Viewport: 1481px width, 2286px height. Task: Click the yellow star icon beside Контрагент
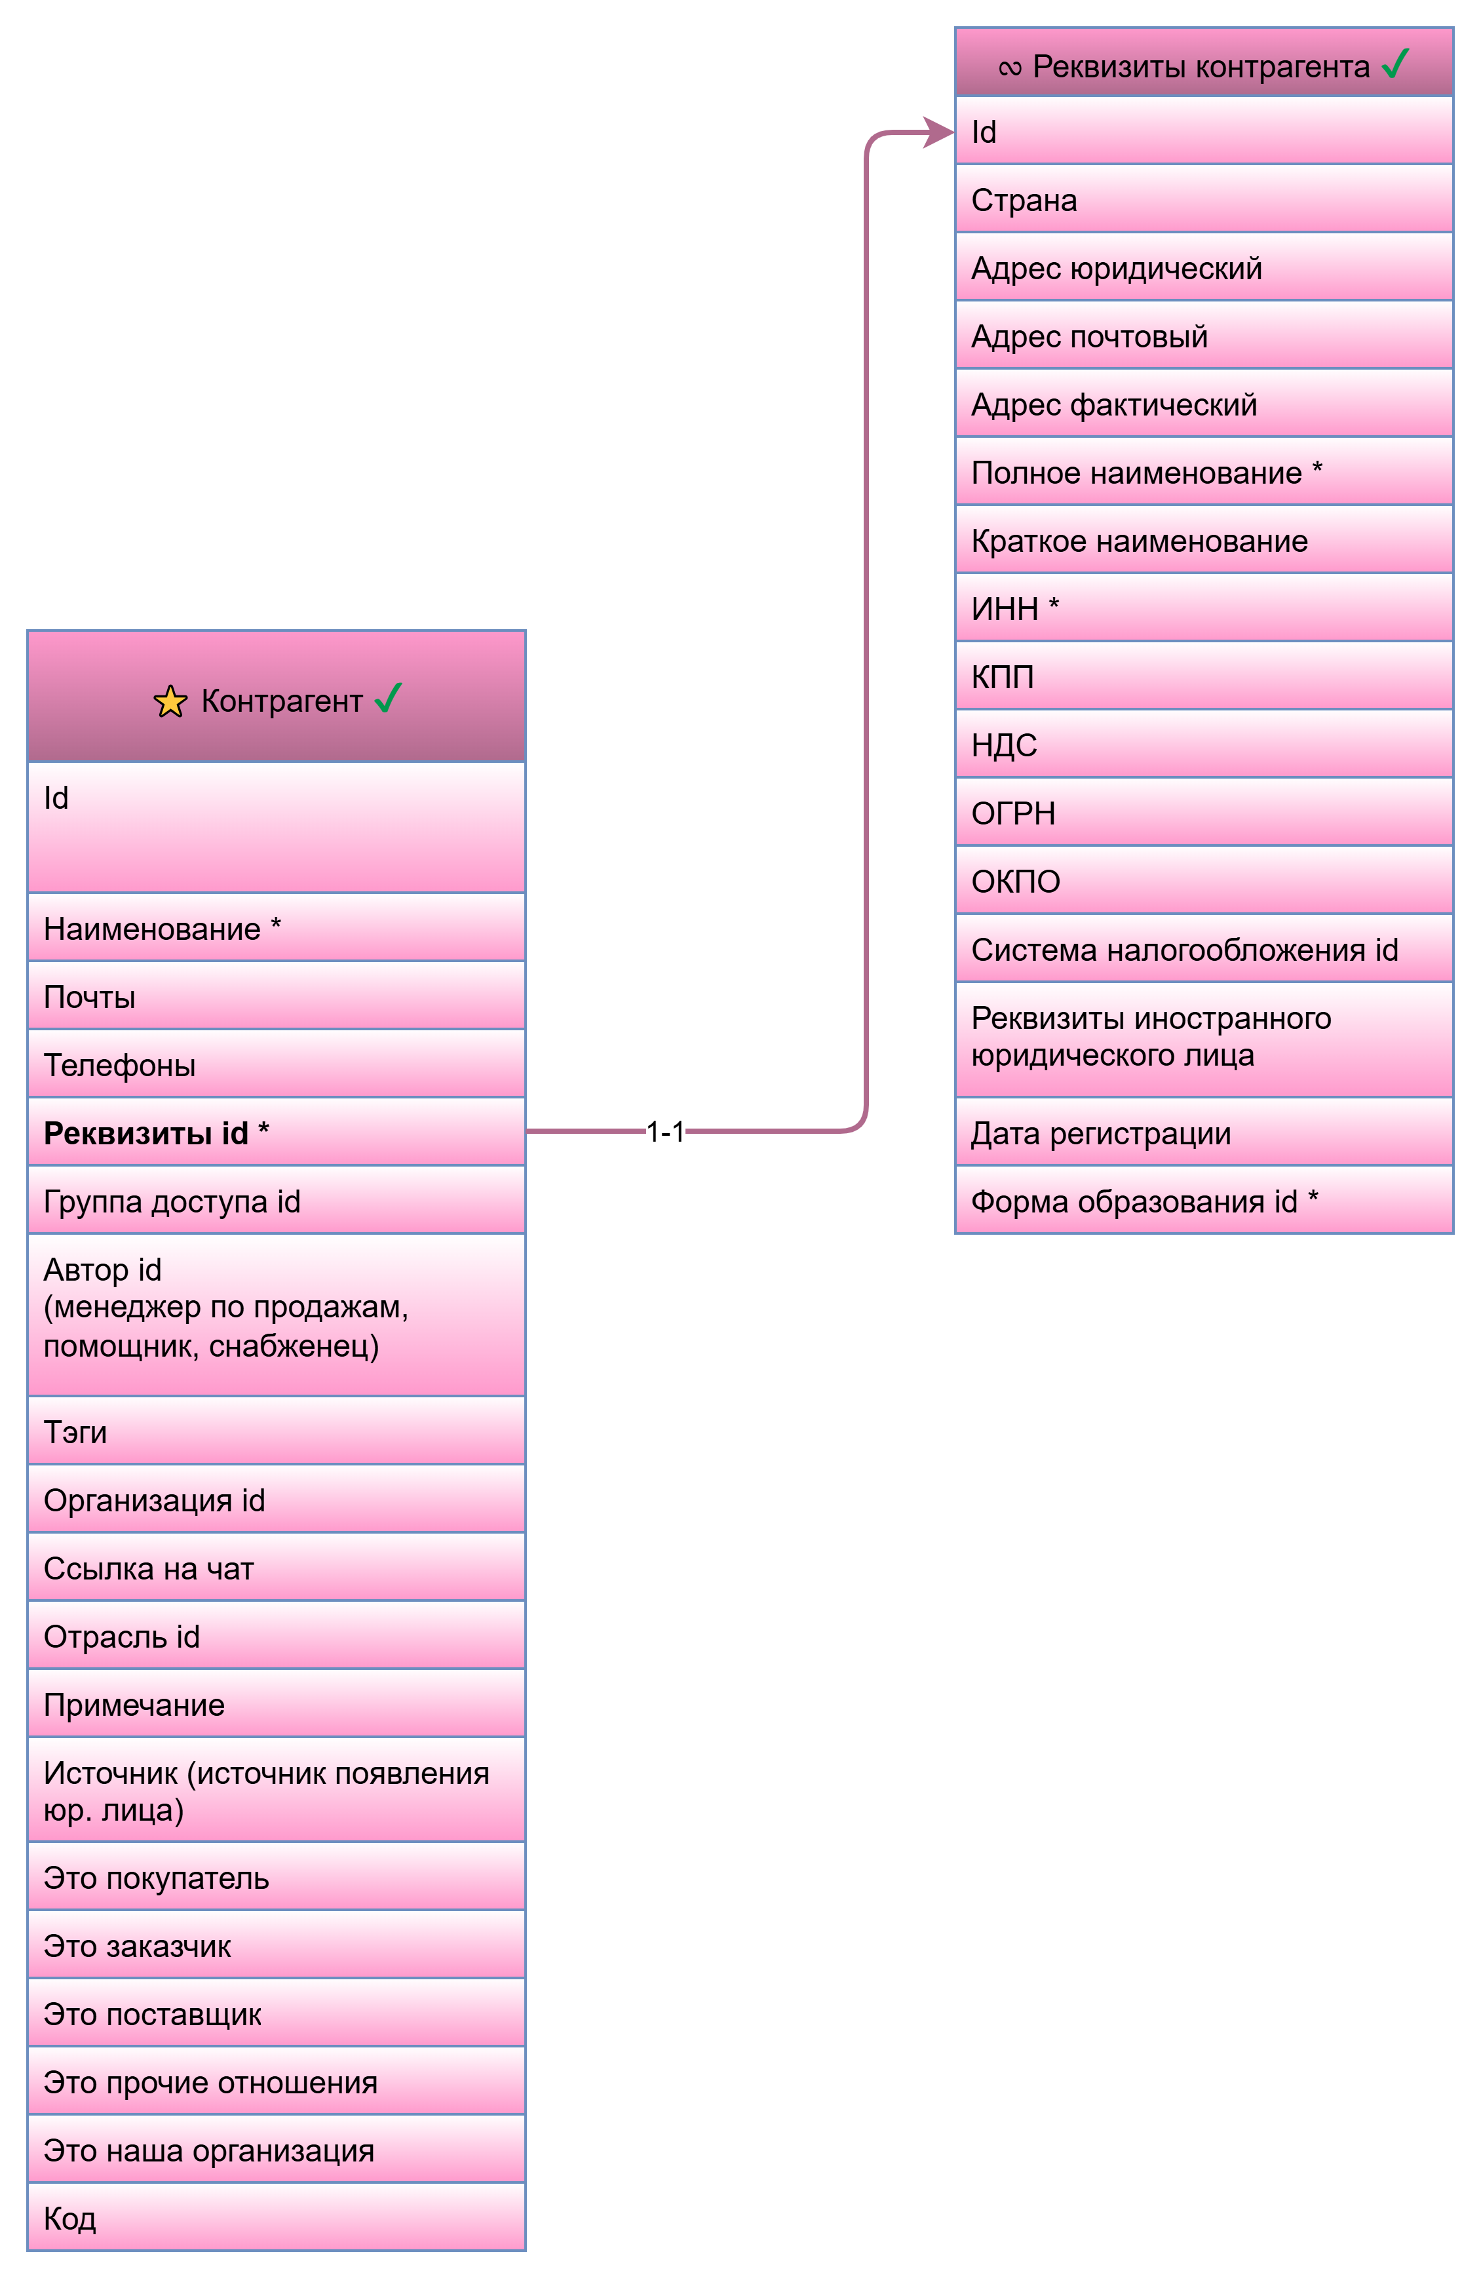[x=170, y=701]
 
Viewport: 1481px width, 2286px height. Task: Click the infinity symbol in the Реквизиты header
[x=1009, y=68]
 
